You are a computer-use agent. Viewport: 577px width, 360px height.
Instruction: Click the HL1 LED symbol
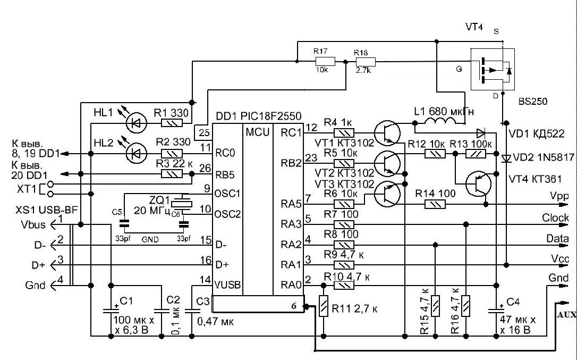[136, 123]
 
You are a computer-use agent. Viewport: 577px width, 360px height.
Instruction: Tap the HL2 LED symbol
[136, 153]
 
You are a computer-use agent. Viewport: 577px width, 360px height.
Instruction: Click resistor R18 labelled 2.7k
[365, 62]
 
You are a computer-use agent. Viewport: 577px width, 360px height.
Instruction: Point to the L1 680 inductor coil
[440, 121]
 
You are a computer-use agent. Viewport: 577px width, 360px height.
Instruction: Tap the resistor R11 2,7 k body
[324, 306]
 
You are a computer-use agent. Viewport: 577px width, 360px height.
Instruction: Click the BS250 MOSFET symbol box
[493, 69]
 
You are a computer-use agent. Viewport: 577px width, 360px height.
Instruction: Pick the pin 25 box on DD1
[204, 132]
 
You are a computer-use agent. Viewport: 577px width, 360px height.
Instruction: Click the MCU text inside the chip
[258, 132]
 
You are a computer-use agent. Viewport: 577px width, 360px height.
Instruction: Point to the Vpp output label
[559, 196]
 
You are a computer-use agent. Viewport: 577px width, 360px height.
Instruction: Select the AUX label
[567, 315]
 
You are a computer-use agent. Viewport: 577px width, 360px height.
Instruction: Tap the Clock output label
[555, 218]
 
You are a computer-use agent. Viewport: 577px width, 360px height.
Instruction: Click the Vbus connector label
[33, 224]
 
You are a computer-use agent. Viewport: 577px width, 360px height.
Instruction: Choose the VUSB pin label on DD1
[227, 284]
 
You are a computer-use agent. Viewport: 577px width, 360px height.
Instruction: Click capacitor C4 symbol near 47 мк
[496, 309]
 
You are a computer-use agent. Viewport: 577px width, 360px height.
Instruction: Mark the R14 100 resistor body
[435, 204]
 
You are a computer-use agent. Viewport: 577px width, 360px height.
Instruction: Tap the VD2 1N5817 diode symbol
[506, 158]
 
